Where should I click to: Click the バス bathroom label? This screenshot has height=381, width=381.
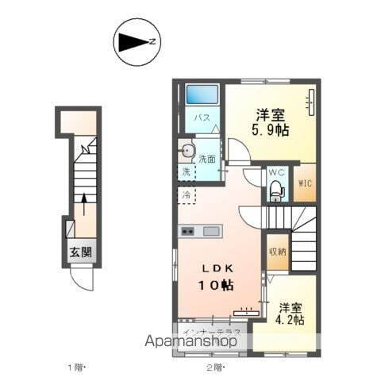tap(202, 118)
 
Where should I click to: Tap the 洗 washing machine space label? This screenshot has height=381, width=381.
tap(186, 171)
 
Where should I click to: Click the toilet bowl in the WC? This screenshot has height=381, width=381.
tap(275, 190)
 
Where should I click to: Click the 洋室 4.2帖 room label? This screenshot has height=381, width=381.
tap(291, 314)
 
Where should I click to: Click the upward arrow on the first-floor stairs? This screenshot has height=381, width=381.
tap(84, 205)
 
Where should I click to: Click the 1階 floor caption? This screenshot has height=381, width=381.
tap(75, 367)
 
